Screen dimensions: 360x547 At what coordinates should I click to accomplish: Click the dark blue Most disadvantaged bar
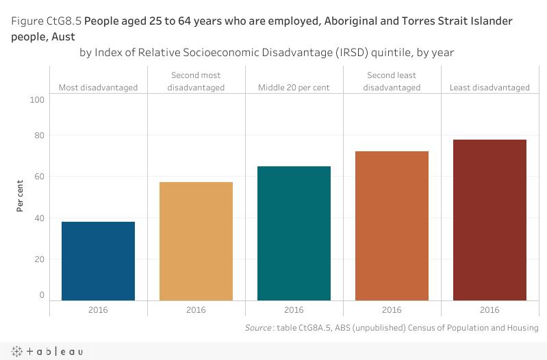[x=98, y=261]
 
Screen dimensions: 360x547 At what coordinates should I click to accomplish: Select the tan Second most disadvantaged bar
[x=196, y=241]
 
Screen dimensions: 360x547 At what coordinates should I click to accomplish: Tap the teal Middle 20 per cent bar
[x=294, y=233]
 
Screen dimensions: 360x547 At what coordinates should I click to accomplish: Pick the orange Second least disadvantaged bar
[x=392, y=226]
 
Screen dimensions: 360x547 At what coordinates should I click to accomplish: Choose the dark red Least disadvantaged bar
[x=489, y=220]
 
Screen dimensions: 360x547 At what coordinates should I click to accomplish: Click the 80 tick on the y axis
[x=39, y=136]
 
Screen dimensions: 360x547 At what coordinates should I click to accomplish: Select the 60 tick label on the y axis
[x=39, y=177]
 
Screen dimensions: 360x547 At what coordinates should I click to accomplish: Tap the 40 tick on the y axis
[x=39, y=218]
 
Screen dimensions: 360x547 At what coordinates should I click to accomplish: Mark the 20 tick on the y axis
[x=39, y=259]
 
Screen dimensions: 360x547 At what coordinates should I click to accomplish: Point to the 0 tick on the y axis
[x=42, y=295]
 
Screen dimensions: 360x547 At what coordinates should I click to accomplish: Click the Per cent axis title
[x=21, y=196]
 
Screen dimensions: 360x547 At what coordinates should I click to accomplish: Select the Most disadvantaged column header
[x=98, y=88]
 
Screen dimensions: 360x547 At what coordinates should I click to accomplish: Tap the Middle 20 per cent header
[x=294, y=88]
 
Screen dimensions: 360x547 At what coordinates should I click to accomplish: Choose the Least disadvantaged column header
[x=489, y=88]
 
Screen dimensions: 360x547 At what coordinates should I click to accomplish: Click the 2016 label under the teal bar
[x=294, y=310]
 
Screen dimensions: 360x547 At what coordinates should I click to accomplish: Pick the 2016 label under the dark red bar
[x=489, y=310]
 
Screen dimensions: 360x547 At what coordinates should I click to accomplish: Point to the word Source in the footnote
[x=258, y=329]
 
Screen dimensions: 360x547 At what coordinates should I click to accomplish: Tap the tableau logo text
[x=54, y=351]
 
